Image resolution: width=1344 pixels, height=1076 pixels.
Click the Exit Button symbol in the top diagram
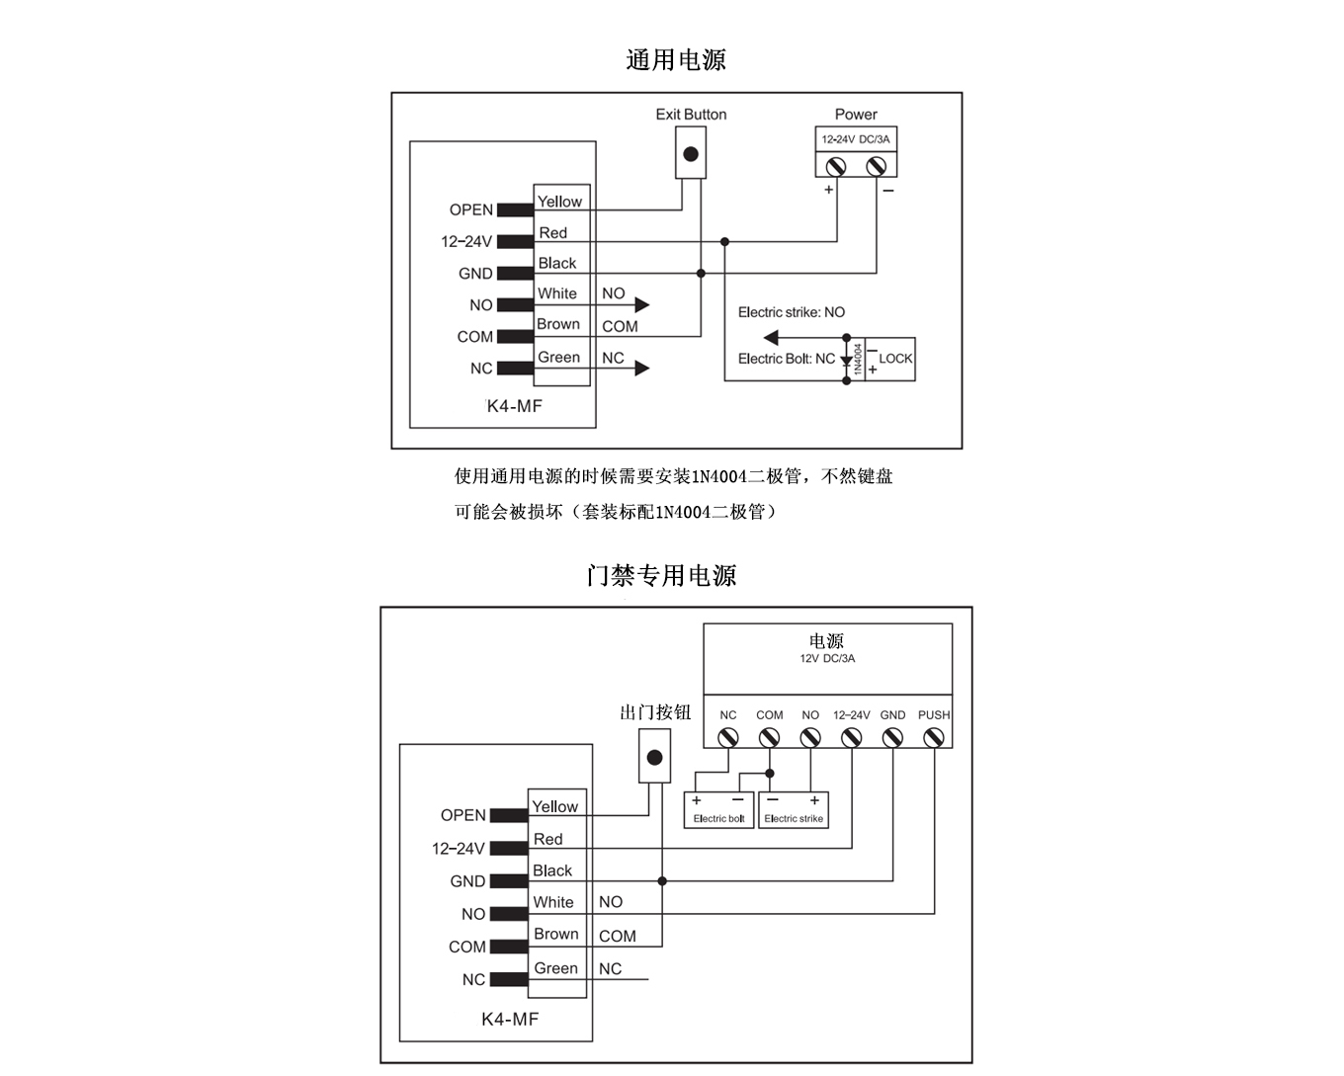tap(691, 154)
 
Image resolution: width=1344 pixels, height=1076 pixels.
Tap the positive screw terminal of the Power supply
tap(836, 166)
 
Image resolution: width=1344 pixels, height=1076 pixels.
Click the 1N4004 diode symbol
tap(847, 361)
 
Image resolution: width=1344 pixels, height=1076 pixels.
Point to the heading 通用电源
tap(676, 60)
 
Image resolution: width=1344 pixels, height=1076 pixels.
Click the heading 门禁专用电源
tap(661, 575)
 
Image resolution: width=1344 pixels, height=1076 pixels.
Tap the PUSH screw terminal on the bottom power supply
tap(933, 737)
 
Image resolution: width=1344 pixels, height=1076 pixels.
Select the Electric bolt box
tap(718, 810)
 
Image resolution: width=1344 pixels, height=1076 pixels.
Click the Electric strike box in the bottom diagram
tap(794, 810)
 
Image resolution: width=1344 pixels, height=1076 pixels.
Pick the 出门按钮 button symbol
tap(654, 758)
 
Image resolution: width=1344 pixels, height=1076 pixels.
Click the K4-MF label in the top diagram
tap(514, 406)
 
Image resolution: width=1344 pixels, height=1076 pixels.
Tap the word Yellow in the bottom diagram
tap(554, 807)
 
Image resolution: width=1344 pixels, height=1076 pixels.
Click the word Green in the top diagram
tap(558, 358)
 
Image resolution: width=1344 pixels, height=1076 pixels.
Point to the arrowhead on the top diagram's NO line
tap(642, 305)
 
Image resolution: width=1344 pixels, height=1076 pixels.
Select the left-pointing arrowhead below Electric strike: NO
tap(771, 337)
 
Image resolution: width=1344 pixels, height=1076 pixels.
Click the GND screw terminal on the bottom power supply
tap(892, 737)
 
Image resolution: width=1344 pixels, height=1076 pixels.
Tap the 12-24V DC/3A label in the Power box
tap(856, 139)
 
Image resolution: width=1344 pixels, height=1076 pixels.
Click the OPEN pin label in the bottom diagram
tap(463, 815)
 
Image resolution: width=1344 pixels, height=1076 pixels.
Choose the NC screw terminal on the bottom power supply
tap(728, 737)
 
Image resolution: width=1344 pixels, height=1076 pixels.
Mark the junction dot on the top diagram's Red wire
tap(724, 241)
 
